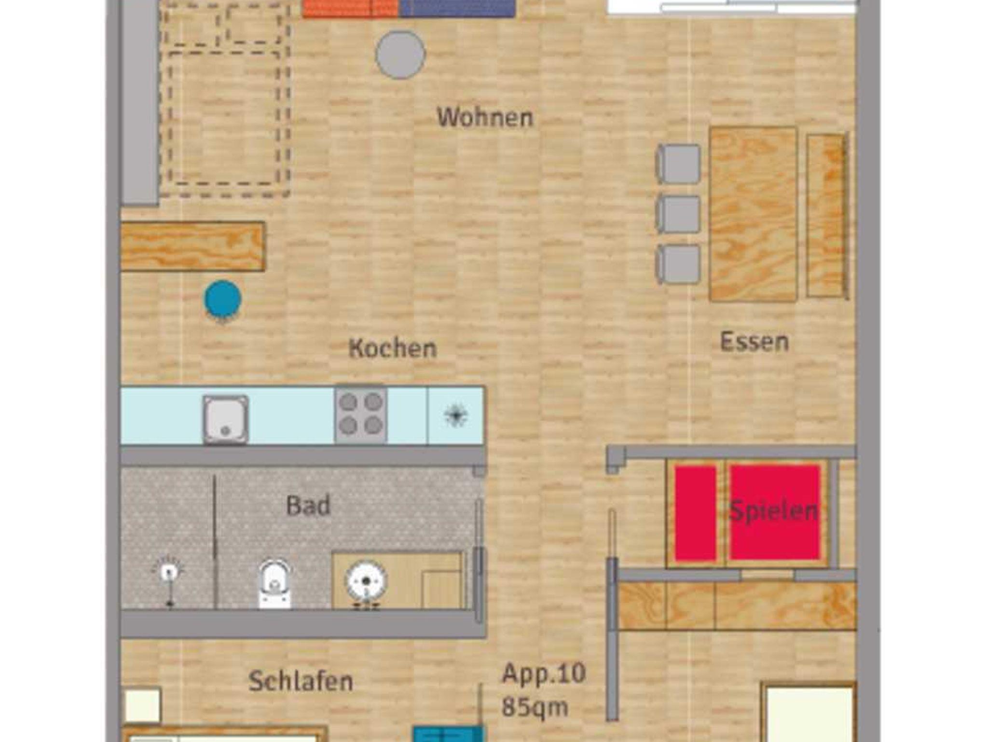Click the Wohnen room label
tap(485, 117)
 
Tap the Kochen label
tap(393, 348)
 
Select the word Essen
tap(754, 342)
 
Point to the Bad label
tap(308, 506)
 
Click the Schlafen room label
tap(301, 681)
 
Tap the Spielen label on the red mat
tap(774, 511)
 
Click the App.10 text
tap(544, 673)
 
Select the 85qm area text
tap(535, 707)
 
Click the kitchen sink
tap(225, 419)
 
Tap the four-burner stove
tap(360, 414)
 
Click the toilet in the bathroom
tap(274, 583)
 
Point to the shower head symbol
tap(168, 572)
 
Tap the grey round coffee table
tap(400, 55)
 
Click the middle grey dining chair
tap(678, 214)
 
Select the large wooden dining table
tap(753, 214)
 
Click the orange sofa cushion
tap(351, 8)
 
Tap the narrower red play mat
tap(695, 513)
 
